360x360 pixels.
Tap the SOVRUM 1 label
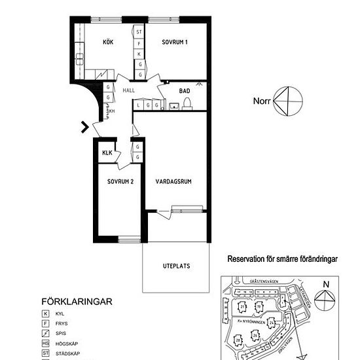pos(175,43)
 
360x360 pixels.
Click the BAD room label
pos(185,91)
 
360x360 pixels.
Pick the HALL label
pos(129,91)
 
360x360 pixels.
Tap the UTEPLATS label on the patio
pos(176,266)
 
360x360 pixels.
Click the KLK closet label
pos(107,154)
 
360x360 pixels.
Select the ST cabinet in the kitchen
pos(139,31)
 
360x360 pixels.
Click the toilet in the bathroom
pos(187,103)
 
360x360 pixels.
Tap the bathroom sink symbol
pos(175,105)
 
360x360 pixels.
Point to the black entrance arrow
pos(84,127)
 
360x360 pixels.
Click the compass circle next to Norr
pos(288,100)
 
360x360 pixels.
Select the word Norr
pos(262,101)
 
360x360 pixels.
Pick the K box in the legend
pos(46,314)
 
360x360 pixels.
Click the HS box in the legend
pos(46,344)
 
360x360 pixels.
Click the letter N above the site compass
pos(325,283)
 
